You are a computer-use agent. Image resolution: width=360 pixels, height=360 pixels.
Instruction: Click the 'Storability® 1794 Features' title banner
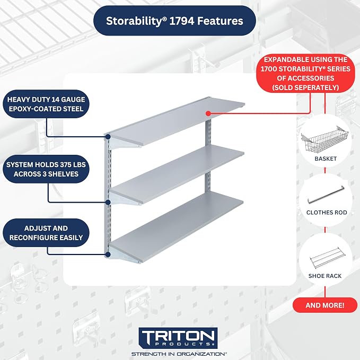click(174, 21)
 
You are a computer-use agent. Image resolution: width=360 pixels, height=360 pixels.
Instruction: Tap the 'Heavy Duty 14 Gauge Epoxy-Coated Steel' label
click(46, 104)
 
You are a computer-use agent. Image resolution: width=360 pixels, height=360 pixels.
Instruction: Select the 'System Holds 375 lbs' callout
click(46, 169)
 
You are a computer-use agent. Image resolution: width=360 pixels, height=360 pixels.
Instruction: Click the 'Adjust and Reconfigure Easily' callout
click(46, 233)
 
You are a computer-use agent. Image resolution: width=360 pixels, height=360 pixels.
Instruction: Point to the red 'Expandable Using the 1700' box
click(305, 74)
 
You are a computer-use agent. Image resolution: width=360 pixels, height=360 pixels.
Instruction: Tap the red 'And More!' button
click(325, 305)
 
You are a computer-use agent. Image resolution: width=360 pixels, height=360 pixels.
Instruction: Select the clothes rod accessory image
click(326, 195)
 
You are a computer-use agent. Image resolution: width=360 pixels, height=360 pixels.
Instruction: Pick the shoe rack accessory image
click(328, 258)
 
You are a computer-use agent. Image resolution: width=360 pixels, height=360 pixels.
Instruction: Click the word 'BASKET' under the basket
click(326, 159)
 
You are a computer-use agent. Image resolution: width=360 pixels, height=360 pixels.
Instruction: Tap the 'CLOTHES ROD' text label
click(327, 213)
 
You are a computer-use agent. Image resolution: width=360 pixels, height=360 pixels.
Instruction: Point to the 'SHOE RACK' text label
click(325, 276)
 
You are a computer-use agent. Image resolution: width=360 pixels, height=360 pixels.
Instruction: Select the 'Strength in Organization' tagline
click(179, 354)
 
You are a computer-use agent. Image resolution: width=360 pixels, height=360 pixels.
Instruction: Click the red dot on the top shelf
click(208, 113)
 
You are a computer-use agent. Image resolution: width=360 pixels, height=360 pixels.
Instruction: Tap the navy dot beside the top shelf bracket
click(108, 137)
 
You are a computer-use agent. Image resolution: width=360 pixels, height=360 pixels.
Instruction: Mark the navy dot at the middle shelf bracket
click(108, 203)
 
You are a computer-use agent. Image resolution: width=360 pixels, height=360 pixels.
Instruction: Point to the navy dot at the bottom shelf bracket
click(108, 254)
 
